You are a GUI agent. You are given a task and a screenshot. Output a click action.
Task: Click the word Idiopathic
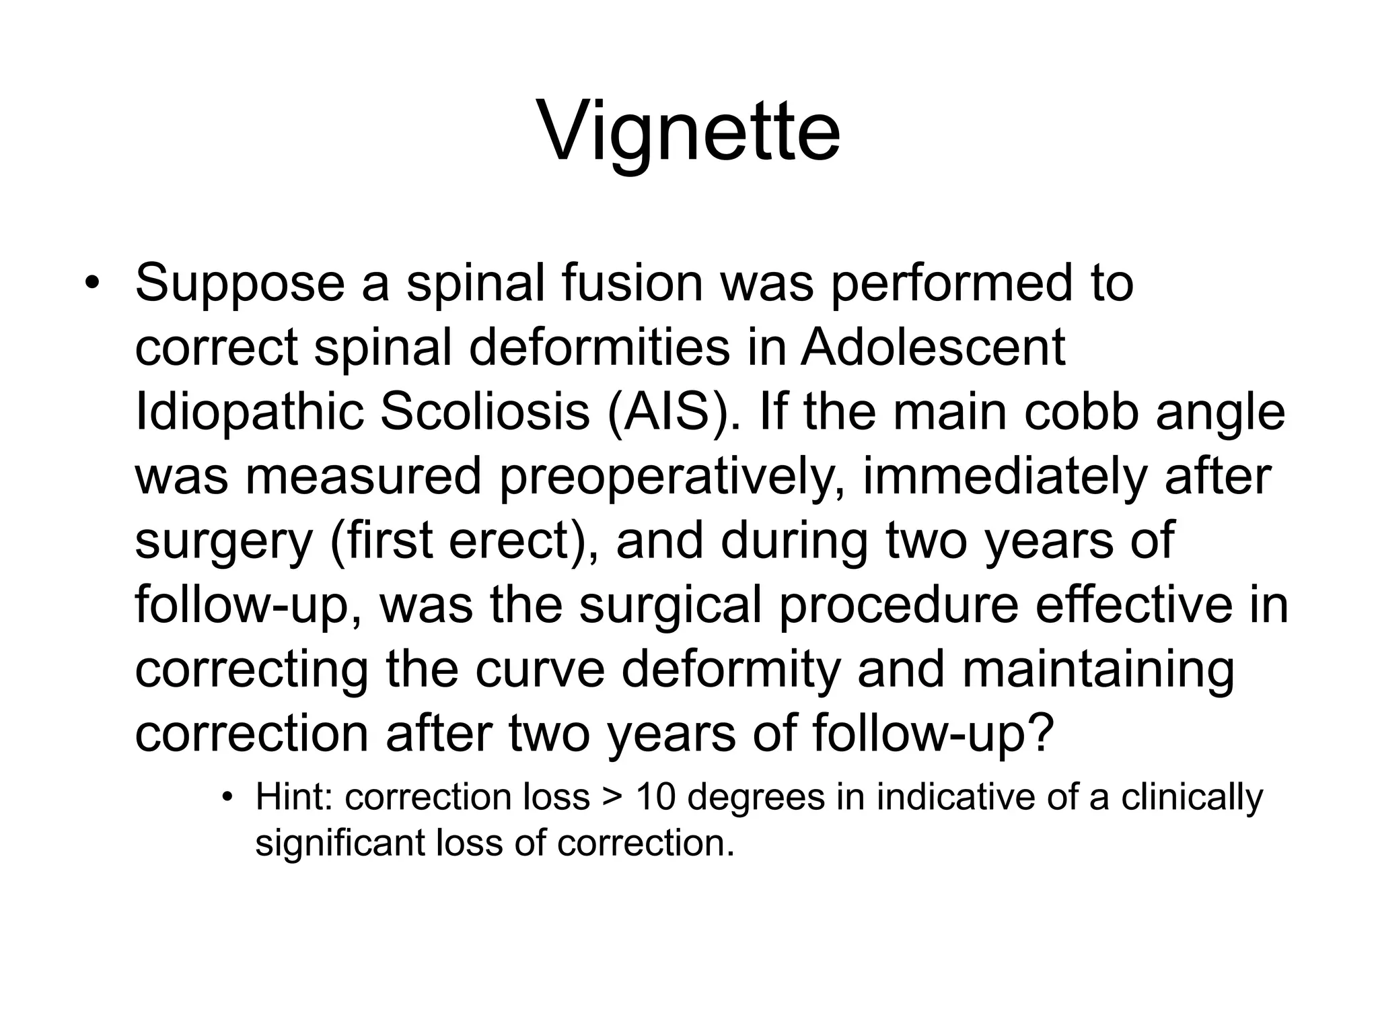pos(249,412)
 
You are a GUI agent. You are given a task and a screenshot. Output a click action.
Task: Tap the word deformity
pos(731,669)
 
